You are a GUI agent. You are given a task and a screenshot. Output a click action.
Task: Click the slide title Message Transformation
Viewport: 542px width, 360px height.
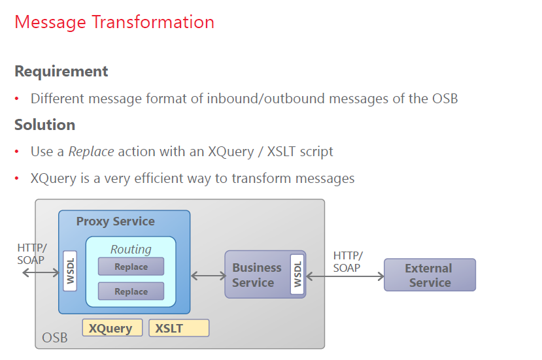(114, 22)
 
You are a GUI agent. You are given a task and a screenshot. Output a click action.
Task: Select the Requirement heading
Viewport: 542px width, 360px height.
(61, 71)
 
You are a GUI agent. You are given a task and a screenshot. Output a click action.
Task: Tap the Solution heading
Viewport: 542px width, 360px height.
(45, 125)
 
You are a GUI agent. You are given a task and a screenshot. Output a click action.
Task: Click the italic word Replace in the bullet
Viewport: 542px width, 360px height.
(91, 152)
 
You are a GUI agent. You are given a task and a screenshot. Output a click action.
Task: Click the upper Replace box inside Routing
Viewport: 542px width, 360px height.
(131, 267)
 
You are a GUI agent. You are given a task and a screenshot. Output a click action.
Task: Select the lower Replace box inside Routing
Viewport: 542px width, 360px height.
(131, 291)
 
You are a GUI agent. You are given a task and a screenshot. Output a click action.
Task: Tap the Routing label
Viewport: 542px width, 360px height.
(131, 249)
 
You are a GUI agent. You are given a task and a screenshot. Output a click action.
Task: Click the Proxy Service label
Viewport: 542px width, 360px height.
(115, 221)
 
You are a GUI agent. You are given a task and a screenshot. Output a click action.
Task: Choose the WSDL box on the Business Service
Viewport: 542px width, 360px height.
(297, 274)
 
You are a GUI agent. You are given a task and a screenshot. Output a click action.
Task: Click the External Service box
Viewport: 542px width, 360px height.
(429, 275)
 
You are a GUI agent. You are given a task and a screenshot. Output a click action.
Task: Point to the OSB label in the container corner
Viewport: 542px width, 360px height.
(54, 338)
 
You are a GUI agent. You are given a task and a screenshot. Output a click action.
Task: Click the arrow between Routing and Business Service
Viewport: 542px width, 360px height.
(209, 276)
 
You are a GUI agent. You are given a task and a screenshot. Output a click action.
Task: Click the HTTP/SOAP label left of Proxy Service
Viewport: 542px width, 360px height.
(32, 254)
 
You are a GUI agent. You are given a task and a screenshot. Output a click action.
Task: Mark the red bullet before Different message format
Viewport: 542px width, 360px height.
(18, 99)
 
